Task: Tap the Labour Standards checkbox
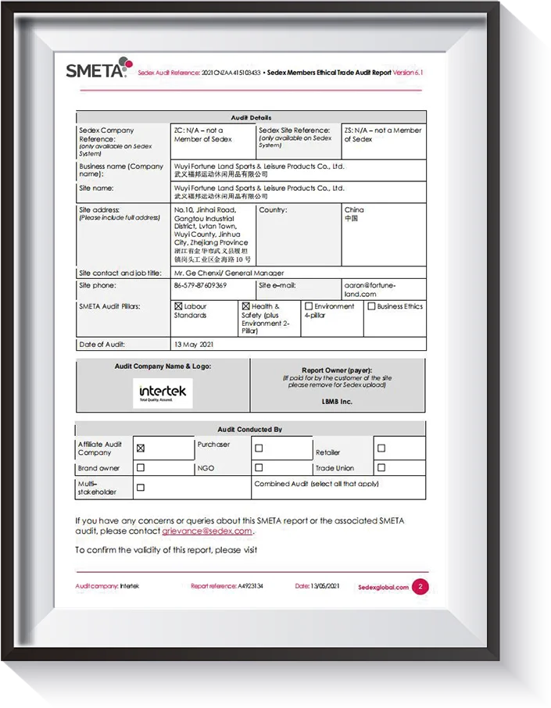click(x=179, y=307)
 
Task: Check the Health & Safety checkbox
click(x=246, y=307)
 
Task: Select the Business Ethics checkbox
click(x=371, y=307)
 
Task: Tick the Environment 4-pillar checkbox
click(x=309, y=307)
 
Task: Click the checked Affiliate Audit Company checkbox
click(x=141, y=449)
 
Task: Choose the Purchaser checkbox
click(x=259, y=449)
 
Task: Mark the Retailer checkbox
click(x=381, y=449)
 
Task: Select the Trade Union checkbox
click(x=381, y=468)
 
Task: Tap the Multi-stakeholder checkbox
click(x=141, y=488)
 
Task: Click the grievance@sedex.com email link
click(x=207, y=531)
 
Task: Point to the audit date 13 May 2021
click(x=194, y=345)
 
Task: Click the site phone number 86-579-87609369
click(x=200, y=286)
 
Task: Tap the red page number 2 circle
click(x=420, y=587)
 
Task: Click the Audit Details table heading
click(x=251, y=117)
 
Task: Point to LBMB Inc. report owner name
click(x=337, y=402)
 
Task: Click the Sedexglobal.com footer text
click(x=383, y=588)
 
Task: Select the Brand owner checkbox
click(x=141, y=468)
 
